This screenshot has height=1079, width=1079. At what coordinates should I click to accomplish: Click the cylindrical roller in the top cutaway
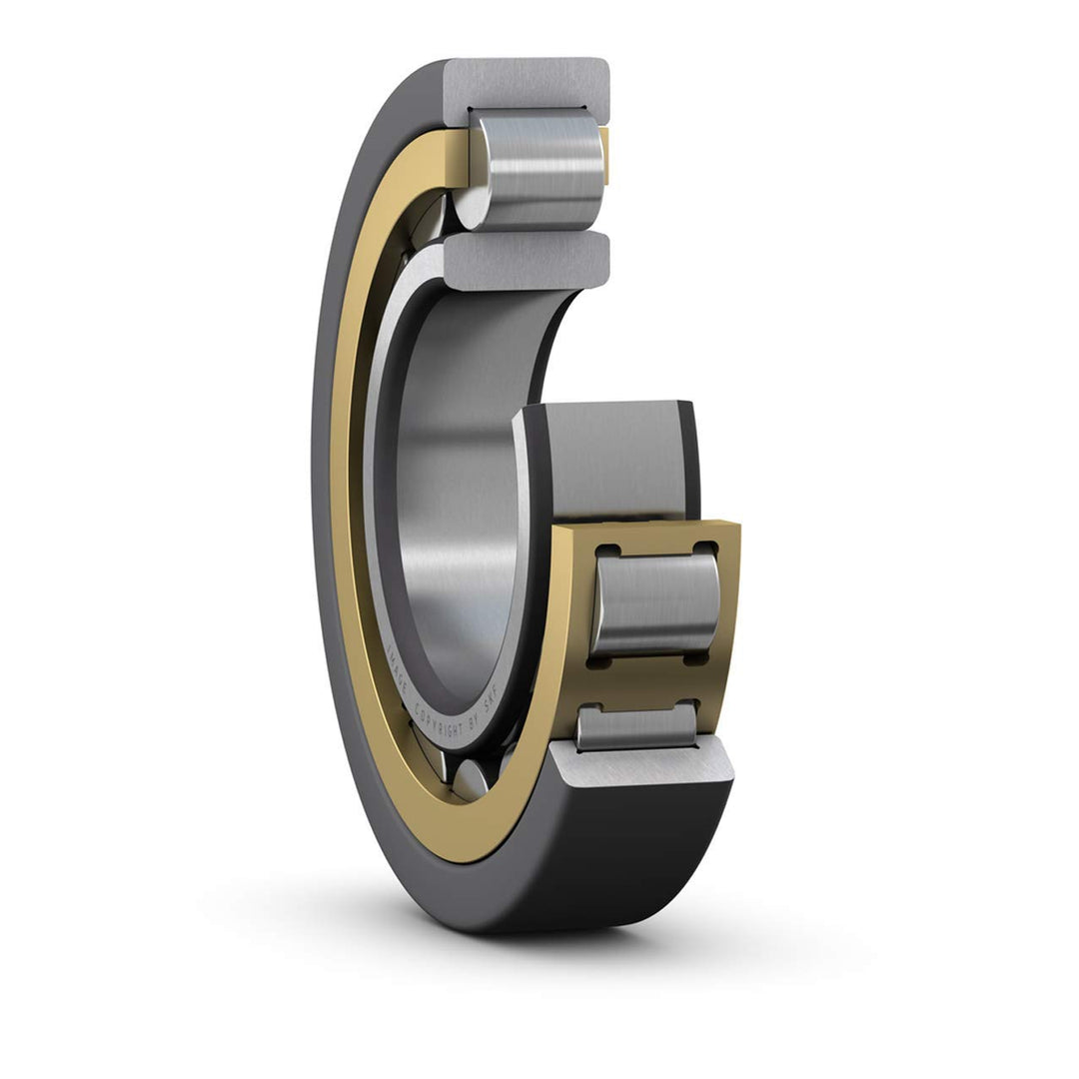pos(539,170)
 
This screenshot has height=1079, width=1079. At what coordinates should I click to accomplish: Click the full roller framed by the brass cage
pos(654,604)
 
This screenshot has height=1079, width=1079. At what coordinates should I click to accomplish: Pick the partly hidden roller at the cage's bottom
pos(636,726)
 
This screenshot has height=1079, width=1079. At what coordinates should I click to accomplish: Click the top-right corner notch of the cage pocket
pos(706,548)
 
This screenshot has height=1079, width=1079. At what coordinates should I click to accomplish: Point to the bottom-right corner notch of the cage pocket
pos(702,658)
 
